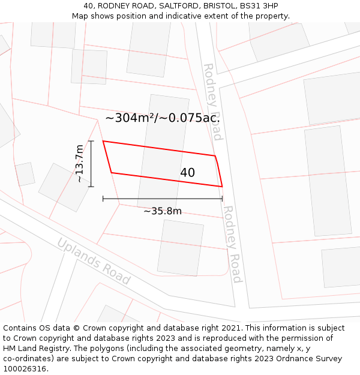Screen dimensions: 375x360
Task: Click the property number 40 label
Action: [187, 173]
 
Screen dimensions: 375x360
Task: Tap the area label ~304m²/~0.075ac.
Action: [162, 118]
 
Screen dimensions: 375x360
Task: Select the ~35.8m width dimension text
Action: [162, 211]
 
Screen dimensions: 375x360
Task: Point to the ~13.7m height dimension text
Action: [79, 163]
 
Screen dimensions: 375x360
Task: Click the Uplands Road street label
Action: [93, 261]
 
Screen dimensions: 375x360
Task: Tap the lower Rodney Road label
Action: [232, 244]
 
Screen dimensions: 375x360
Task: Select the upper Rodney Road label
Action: [213, 101]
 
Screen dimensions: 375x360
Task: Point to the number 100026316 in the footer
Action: [23, 368]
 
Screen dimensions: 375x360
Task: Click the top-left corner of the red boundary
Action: [103, 142]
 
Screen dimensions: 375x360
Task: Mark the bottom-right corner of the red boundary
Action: [222, 186]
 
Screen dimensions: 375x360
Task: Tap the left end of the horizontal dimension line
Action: [103, 198]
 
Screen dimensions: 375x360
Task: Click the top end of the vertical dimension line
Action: [91, 141]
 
